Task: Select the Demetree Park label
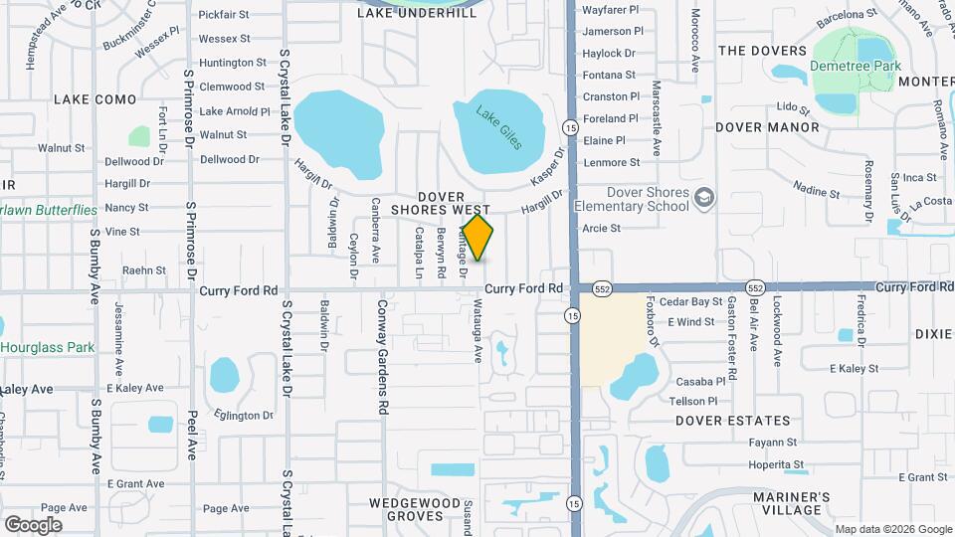(x=856, y=66)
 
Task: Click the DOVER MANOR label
(x=767, y=127)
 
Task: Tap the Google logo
(x=33, y=524)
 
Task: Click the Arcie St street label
(x=601, y=228)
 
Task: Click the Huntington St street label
(x=233, y=62)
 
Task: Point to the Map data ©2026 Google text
(x=892, y=529)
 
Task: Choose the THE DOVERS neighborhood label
(x=762, y=51)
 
